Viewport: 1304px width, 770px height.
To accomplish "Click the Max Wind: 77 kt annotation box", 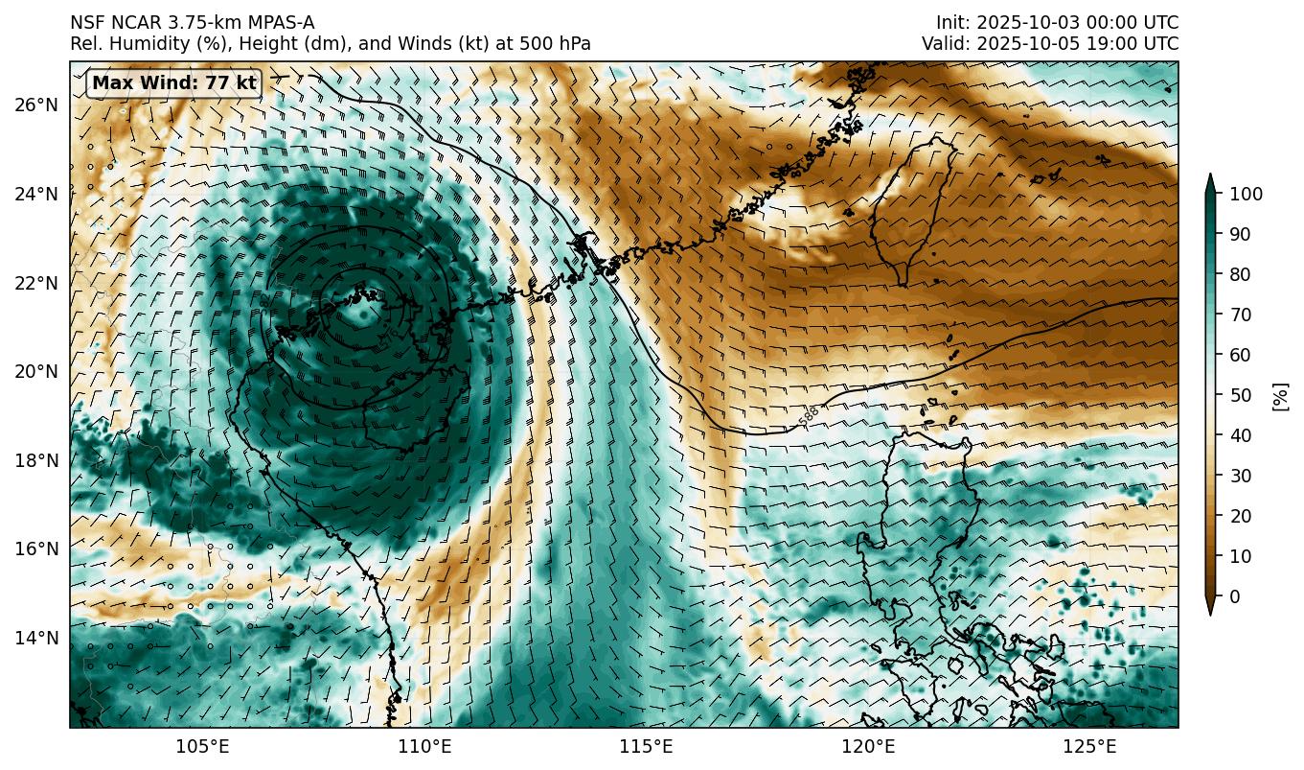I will [x=173, y=83].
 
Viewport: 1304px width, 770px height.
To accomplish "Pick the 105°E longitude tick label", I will [x=203, y=746].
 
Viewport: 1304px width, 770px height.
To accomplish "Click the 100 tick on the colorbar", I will [x=1247, y=194].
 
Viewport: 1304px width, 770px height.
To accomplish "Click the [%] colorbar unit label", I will [x=1280, y=395].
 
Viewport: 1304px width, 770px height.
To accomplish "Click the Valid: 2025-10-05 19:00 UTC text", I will [x=1050, y=44].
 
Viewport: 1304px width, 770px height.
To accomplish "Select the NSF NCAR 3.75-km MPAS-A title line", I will [x=192, y=23].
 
